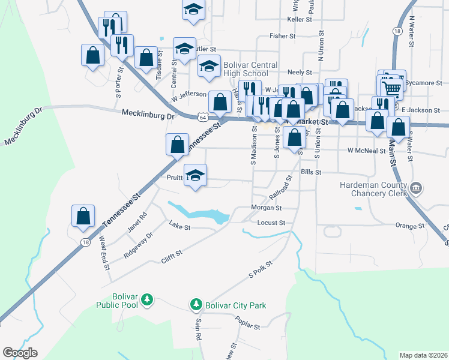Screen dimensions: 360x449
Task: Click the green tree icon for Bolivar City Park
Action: (x=196, y=305)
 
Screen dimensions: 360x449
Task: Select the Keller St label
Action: (x=300, y=19)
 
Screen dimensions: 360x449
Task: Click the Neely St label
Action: (x=301, y=71)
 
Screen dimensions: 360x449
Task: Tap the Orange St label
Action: (x=410, y=226)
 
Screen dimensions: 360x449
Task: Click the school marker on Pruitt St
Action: (x=195, y=176)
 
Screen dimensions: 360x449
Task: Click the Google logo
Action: (x=20, y=353)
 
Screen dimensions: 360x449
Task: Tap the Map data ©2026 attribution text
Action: (x=423, y=355)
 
